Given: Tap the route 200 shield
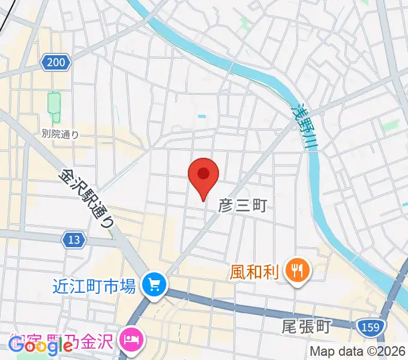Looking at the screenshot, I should (x=56, y=61).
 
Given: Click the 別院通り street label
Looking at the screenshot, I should (x=60, y=134).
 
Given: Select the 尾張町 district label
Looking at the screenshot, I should (x=306, y=327).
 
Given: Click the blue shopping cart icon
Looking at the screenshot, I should (x=154, y=283).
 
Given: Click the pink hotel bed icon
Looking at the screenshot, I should (x=130, y=340).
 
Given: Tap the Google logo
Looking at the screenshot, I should (x=40, y=345).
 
